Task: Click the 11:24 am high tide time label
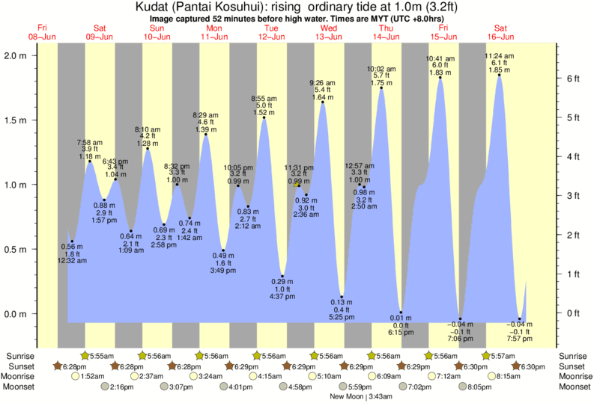499,56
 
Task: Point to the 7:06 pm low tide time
459,338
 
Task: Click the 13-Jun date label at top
328,37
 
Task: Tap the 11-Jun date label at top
214,37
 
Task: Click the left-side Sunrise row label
22,356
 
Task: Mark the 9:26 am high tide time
323,83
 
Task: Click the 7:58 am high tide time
90,142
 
